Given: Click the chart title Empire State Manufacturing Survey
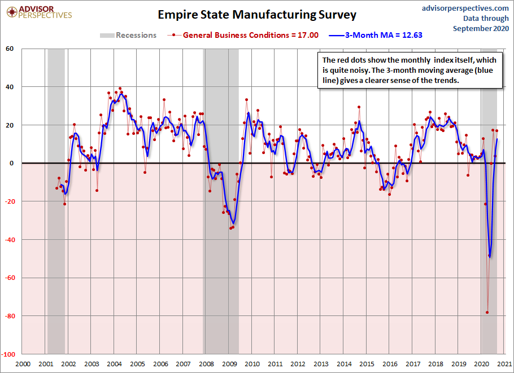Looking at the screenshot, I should point(257,14).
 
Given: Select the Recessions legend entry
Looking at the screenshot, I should point(128,35).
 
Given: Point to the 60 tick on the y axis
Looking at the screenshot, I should point(9,49).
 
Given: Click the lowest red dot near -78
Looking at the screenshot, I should point(487,312).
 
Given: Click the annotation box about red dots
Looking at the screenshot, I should point(410,71).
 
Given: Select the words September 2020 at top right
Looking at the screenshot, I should point(481,28).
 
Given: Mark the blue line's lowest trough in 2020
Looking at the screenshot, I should point(489,257).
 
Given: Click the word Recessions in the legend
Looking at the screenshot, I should point(136,35).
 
